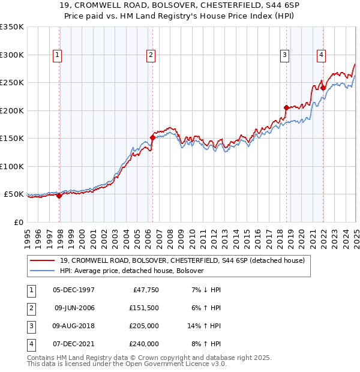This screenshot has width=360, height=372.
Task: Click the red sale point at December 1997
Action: point(59,196)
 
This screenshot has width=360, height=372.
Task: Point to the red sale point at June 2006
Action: point(152,137)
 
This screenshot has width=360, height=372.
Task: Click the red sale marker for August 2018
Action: point(286,108)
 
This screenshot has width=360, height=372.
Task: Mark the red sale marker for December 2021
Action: point(323,88)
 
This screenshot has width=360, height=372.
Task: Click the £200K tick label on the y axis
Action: point(12,110)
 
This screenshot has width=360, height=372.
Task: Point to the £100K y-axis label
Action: point(12,166)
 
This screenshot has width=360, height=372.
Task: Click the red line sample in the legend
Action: point(43,260)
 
